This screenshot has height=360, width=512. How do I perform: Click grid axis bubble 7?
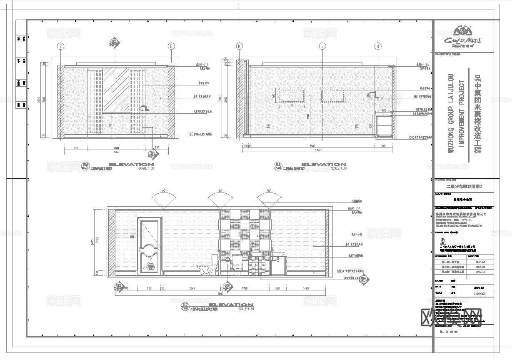tap(61, 46)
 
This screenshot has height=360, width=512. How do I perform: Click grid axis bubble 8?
tap(171, 46)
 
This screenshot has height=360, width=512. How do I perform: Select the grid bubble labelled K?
tap(239, 46)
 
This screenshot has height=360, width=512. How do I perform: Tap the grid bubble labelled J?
tap(322, 46)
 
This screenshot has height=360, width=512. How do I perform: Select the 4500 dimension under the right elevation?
tap(315, 146)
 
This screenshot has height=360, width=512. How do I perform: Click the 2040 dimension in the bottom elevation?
tap(192, 288)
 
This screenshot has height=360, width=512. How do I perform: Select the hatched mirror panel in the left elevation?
tap(116, 90)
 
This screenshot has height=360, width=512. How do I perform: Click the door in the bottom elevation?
tap(148, 246)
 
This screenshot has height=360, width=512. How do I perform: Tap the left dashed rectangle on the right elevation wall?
tap(292, 96)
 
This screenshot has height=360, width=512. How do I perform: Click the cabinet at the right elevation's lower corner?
tap(384, 124)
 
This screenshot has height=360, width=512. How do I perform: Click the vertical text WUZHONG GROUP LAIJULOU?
tap(450, 113)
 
